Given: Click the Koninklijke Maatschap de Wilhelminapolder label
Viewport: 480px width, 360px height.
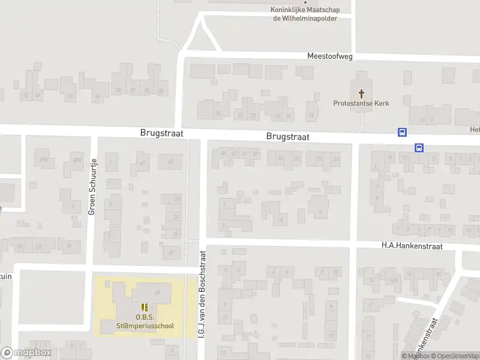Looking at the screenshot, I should (305, 14).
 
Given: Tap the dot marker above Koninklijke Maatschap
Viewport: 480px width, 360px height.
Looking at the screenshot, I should (305, 2).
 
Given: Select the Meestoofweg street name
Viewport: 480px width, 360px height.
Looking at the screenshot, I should (329, 56).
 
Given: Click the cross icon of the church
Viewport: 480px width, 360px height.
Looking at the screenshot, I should (361, 94).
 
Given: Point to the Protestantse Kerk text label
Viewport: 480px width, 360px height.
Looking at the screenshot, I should (361, 103).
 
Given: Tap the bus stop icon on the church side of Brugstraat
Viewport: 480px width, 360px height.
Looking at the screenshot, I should (402, 133).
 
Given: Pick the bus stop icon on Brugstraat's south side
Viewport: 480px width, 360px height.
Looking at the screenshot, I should (419, 148).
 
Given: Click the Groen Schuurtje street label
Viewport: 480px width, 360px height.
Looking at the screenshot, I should (92, 186).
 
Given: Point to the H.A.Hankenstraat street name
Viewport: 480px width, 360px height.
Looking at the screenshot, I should (412, 246).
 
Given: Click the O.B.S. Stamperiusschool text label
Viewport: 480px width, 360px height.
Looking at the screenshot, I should (145, 322).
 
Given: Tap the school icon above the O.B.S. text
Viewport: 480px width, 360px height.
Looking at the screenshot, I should (145, 307).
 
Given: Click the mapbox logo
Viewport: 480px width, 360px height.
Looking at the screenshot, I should (26, 353).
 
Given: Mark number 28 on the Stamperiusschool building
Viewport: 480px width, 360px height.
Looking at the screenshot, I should (157, 293).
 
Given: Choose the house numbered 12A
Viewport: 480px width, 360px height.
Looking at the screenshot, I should (394, 280).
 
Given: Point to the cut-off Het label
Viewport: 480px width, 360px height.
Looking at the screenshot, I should (474, 130).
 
